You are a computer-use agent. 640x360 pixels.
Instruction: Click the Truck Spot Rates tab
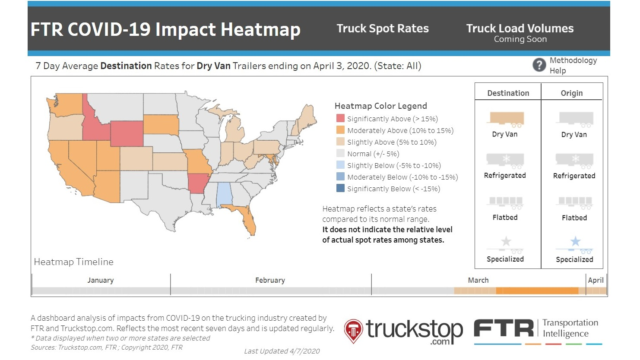[383, 28]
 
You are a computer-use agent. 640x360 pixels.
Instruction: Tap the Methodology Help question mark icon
[539, 65]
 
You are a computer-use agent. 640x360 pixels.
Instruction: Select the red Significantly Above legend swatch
[340, 119]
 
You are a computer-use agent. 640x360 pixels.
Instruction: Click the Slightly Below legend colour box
[340, 165]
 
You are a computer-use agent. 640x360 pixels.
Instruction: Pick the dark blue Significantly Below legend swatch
[340, 189]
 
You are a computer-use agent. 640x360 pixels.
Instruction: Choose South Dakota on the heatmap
[161, 125]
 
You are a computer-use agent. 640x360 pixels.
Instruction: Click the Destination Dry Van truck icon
[507, 119]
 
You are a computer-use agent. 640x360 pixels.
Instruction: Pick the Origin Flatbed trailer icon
[575, 202]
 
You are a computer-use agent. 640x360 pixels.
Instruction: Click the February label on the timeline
[270, 280]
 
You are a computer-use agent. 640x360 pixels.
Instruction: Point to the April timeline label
[596, 280]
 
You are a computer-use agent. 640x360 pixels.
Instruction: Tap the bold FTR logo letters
[504, 329]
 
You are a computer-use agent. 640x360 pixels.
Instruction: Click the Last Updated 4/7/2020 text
[282, 351]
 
